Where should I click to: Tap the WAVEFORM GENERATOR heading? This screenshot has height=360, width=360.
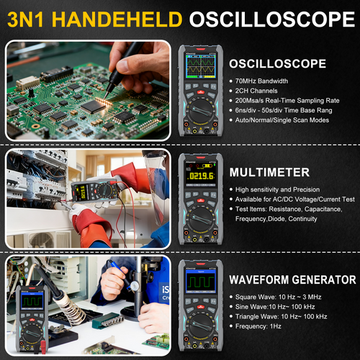point(292,279)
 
